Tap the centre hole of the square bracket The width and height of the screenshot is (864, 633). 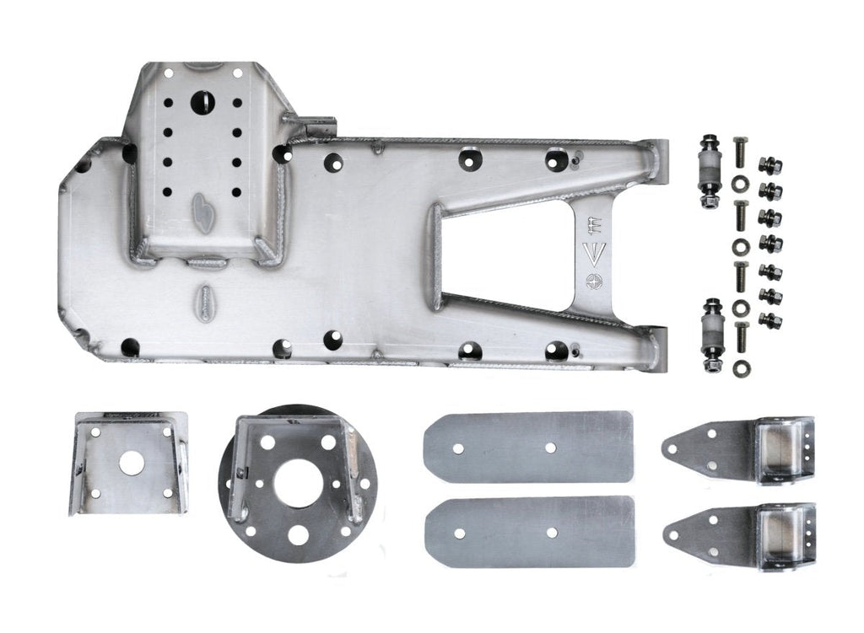click(131, 463)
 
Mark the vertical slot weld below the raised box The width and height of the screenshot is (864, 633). click(207, 303)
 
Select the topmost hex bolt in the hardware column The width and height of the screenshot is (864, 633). click(740, 153)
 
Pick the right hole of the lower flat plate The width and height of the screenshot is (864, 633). click(552, 533)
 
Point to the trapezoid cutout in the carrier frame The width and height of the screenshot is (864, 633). click(506, 253)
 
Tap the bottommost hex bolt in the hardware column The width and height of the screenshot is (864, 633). click(740, 337)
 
